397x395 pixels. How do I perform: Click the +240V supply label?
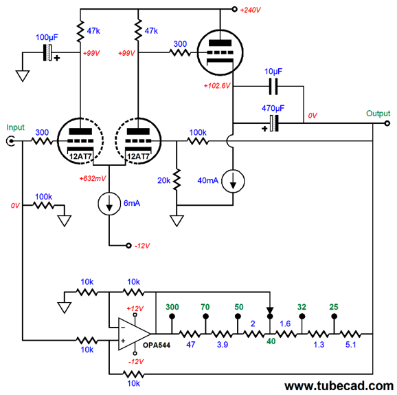250,10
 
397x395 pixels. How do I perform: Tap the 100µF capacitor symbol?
47,53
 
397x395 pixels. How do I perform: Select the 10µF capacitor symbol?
273,87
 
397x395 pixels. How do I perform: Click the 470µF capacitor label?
273,108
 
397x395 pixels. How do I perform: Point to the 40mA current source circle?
233,181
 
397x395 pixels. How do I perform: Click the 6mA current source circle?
109,204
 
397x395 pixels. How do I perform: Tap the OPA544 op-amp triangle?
134,334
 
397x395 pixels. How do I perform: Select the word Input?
15,127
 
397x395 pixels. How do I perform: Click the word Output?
378,114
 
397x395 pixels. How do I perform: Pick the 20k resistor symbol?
177,180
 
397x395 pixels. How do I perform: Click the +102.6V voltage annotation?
217,86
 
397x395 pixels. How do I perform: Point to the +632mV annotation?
93,179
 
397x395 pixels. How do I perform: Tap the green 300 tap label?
172,307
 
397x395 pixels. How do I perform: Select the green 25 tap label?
334,307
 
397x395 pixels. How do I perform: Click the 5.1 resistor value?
351,345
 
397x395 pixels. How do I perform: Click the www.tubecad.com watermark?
339,386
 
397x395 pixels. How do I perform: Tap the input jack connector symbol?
10,141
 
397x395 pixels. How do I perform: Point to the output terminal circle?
387,124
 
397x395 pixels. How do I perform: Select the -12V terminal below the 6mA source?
128,246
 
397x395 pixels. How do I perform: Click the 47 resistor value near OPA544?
191,345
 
